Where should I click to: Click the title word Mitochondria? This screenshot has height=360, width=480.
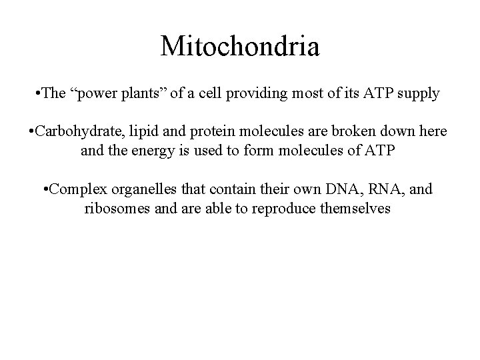click(x=240, y=47)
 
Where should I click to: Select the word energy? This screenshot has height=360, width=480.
click(x=149, y=151)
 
